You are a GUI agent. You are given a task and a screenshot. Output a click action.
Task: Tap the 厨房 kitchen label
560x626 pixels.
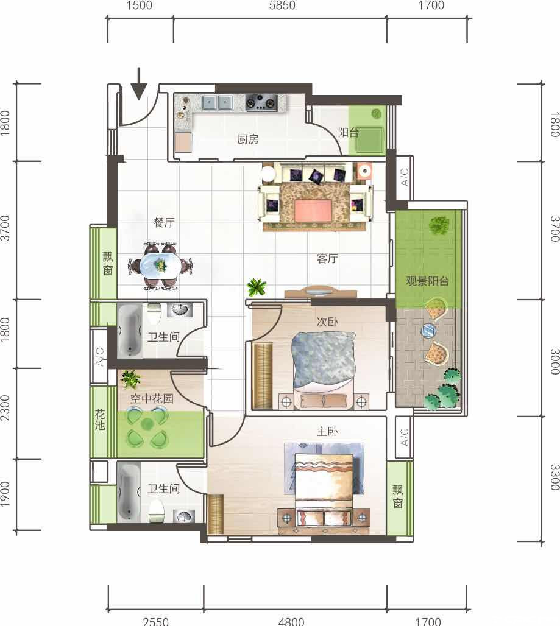click(247, 139)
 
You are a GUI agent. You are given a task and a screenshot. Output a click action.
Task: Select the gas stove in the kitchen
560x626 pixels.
click(261, 102)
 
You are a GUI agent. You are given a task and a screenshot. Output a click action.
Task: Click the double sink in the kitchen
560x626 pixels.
click(218, 102)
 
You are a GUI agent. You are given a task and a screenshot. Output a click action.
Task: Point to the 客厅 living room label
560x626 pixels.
click(327, 259)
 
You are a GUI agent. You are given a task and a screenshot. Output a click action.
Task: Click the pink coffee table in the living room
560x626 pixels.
click(313, 211)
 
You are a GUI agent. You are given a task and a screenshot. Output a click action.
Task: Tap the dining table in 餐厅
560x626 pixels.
click(160, 265)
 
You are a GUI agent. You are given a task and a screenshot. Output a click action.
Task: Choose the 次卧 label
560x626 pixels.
click(327, 322)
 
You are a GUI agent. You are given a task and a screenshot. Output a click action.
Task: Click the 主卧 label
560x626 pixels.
click(327, 431)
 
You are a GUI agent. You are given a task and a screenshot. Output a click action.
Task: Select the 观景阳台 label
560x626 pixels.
click(427, 281)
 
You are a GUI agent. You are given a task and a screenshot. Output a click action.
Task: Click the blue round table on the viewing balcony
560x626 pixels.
click(428, 331)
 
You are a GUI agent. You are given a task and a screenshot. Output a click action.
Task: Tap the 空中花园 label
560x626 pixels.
click(152, 398)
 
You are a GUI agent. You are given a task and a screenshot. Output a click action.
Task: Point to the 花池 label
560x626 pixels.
click(100, 420)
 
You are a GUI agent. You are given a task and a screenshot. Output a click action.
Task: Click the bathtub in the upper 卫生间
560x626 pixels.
click(130, 330)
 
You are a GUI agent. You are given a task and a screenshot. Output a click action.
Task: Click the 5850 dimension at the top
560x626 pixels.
click(282, 5)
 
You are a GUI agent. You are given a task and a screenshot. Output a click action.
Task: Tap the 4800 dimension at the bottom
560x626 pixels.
click(291, 621)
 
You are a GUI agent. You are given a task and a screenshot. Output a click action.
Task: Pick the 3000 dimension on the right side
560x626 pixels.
click(555, 362)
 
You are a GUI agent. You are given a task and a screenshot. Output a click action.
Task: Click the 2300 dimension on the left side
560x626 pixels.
click(5, 407)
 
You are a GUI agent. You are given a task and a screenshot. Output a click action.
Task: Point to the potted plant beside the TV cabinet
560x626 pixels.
click(257, 287)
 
